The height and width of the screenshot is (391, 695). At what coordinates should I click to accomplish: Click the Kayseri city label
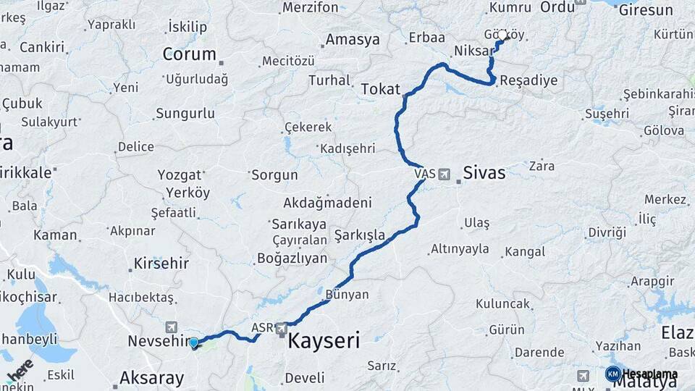click(324, 341)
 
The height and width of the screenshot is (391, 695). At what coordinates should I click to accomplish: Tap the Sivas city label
click(484, 172)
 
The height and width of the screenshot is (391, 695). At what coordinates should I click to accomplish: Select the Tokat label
click(380, 89)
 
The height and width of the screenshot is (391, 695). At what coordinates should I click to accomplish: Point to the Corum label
click(189, 54)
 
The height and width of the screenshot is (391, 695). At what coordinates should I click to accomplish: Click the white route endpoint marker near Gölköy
click(502, 35)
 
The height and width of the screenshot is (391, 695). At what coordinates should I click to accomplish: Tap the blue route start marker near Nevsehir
click(193, 342)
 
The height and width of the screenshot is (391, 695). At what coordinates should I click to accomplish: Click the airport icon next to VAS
click(444, 174)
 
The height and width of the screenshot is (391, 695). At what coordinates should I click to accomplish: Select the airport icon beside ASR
click(282, 329)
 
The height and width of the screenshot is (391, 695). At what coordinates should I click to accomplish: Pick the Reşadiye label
click(528, 80)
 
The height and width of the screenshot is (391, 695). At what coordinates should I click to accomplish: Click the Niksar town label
click(473, 51)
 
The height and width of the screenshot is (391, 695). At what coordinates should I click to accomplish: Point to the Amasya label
click(353, 40)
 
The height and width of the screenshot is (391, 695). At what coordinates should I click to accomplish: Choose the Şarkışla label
click(360, 235)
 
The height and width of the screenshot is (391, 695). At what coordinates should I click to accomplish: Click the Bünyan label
click(347, 295)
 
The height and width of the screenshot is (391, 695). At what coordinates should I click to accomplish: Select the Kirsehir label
click(159, 263)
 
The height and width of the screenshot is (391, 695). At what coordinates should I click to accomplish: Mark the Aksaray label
click(151, 377)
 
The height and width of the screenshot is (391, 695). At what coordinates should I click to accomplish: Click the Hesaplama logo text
click(649, 374)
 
